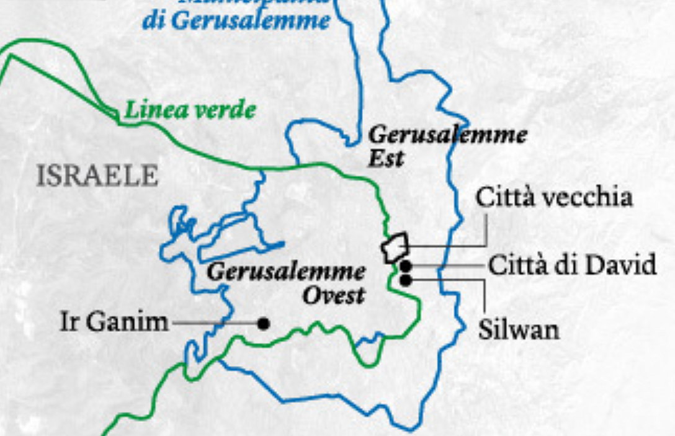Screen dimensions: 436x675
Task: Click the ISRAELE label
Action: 97,176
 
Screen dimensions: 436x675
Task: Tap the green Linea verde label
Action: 190,111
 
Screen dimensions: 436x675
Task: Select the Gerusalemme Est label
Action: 447,145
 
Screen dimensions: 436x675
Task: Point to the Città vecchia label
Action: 554,197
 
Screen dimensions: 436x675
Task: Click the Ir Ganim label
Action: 114,322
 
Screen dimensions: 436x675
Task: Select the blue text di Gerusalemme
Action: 236,21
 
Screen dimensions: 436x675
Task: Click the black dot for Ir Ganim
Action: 264,323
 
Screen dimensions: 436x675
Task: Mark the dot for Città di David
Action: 406,267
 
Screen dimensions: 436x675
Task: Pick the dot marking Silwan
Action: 406,280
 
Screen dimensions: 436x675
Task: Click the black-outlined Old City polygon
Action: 395,247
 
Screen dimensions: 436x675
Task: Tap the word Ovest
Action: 333,295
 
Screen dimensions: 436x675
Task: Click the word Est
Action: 386,158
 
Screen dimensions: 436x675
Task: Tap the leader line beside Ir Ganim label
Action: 214,323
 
